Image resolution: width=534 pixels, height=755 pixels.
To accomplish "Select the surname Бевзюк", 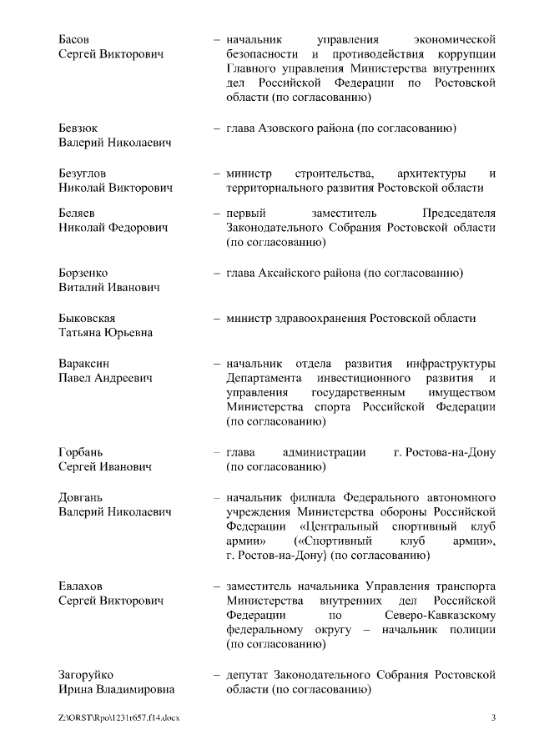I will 78,128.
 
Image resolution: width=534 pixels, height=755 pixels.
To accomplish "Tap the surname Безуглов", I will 83,174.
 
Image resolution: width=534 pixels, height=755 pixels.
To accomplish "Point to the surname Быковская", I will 87,319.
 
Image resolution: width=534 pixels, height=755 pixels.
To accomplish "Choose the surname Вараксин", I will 83,364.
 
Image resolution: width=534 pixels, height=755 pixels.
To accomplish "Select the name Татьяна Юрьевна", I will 105,334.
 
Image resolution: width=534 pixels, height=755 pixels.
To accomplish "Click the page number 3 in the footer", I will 493,718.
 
